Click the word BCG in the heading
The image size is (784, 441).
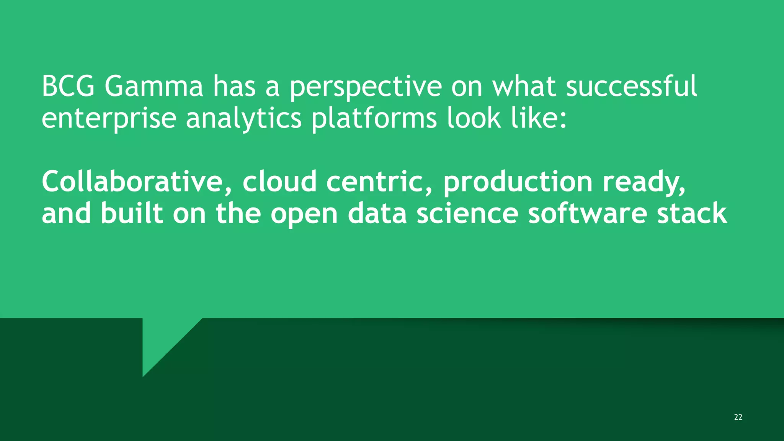68,87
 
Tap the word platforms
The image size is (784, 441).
374,119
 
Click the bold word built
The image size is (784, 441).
132,213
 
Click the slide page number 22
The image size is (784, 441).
738,417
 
